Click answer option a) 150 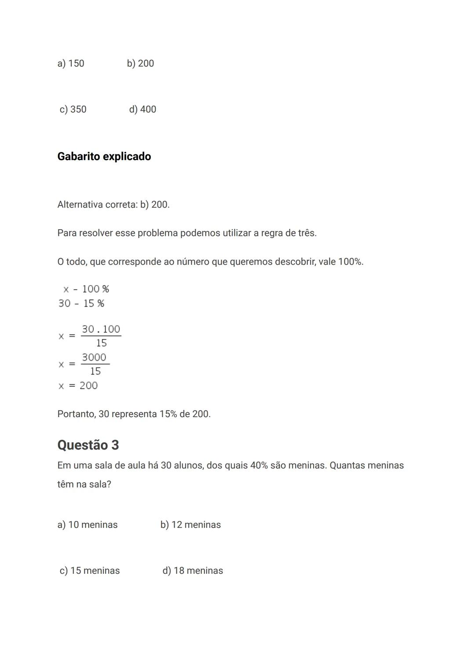[70, 63]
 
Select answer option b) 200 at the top [140, 63]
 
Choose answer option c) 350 [73, 109]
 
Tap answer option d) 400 [142, 109]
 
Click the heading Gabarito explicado [104, 157]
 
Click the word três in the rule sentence [307, 233]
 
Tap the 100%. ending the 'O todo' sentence [351, 262]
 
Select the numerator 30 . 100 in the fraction [101, 329]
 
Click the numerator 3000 [94, 357]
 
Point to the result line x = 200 [78, 386]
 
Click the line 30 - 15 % [81, 304]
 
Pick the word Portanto [76, 414]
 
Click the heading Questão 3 [88, 445]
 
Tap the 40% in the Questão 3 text [259, 466]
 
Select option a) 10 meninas [88, 524]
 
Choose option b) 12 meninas [190, 524]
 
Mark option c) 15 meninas [90, 571]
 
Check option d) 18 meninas [193, 571]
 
